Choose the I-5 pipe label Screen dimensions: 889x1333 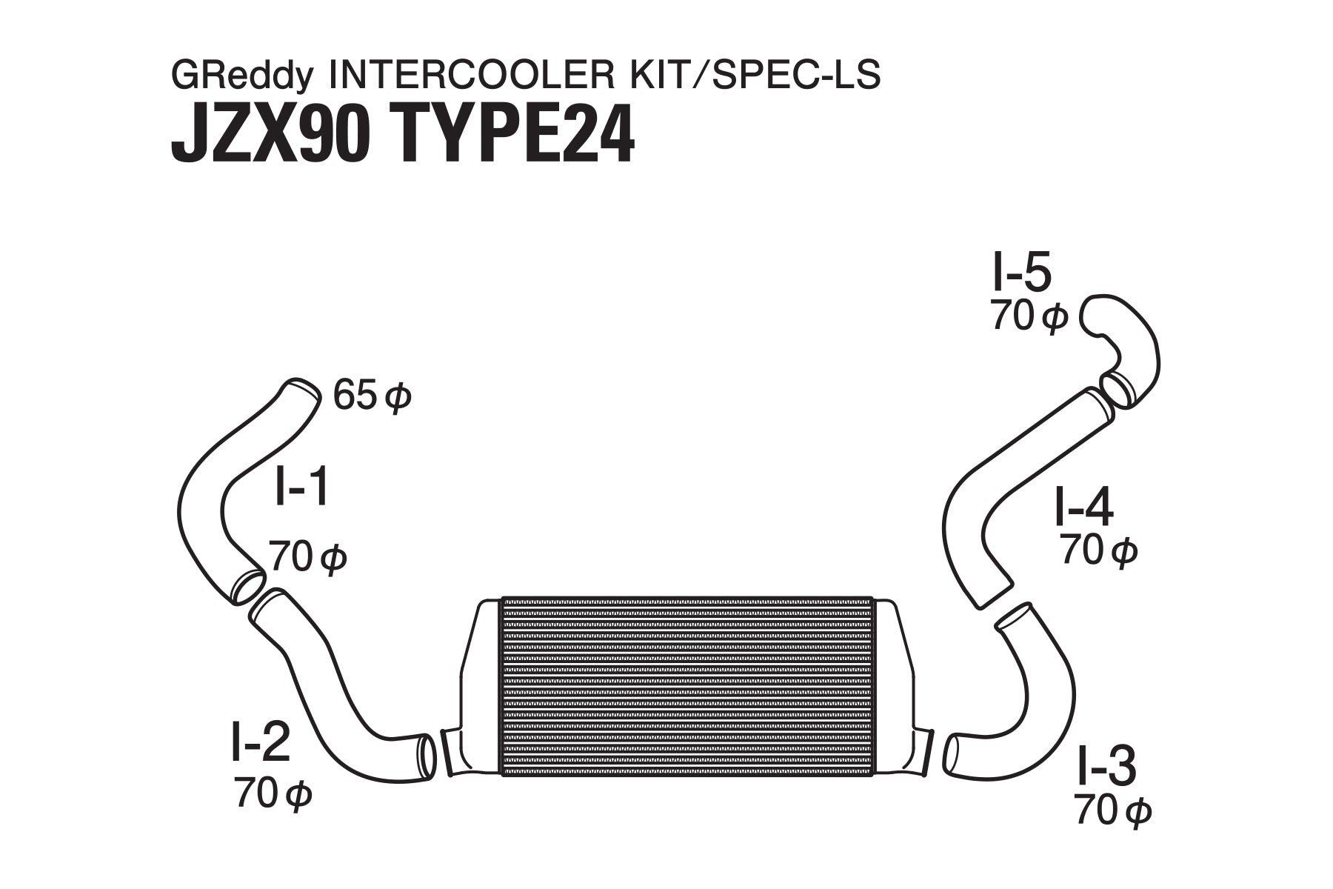pos(1021,275)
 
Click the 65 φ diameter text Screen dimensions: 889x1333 pos(371,397)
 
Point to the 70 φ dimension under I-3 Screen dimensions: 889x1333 pos(1112,813)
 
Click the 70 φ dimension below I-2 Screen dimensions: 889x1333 pos(273,793)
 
